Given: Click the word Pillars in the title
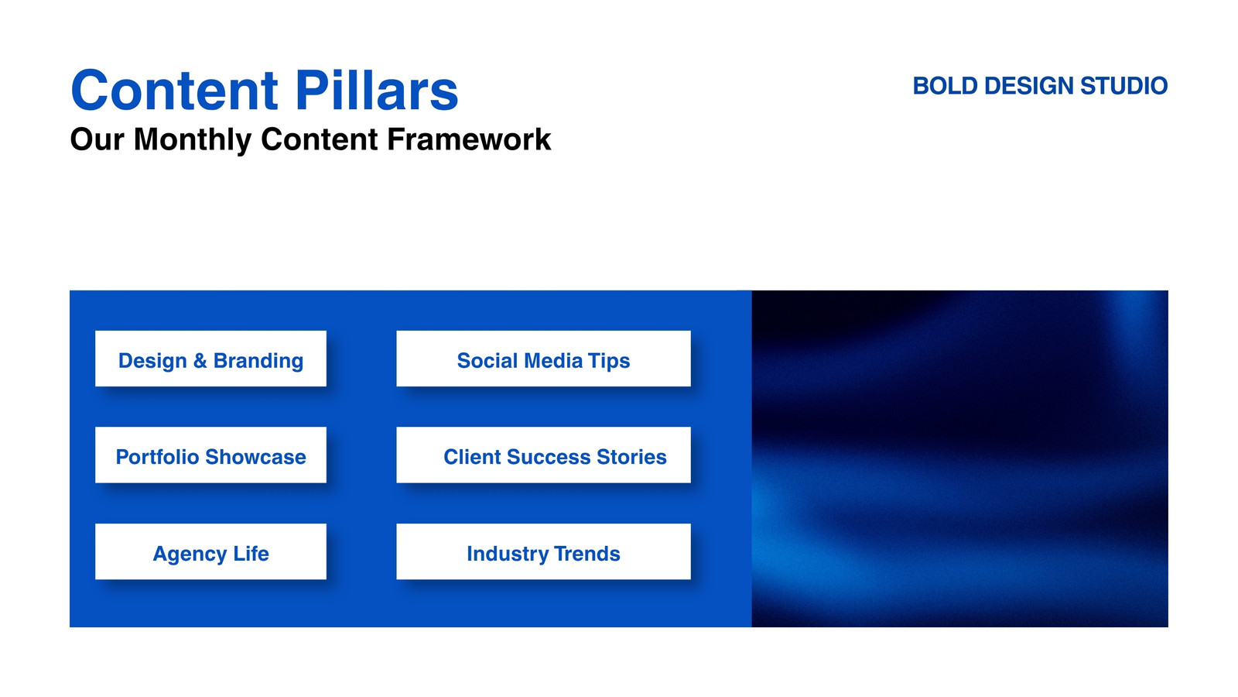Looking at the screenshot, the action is (376, 90).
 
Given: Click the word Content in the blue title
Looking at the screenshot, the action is (174, 90).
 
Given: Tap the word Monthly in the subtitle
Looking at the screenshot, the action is (193, 139).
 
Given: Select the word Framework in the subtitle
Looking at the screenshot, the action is (469, 139).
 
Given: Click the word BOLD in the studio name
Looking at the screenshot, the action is (945, 86).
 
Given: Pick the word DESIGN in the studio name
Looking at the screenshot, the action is (1028, 86).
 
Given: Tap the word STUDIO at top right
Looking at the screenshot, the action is (1123, 86).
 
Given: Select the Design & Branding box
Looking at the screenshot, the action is (210, 359).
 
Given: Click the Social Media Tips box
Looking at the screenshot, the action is (543, 359).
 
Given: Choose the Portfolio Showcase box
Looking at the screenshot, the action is (210, 455).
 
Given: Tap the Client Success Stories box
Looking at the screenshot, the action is (543, 455).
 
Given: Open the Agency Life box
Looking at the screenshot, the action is (210, 551).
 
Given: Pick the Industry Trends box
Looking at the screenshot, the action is (543, 551).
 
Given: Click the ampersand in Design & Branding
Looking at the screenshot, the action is (200, 361).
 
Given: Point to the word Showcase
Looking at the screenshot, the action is (255, 457).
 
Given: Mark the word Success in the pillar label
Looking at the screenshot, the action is (549, 457).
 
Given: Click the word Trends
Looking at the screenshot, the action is (587, 554).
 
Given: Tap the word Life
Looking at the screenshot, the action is (251, 553).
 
